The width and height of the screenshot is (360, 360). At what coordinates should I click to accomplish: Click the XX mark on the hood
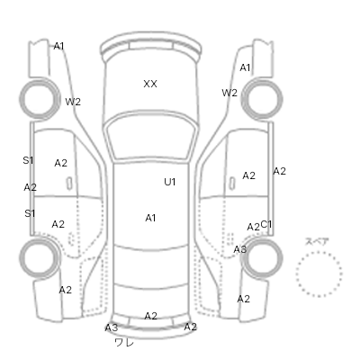150,84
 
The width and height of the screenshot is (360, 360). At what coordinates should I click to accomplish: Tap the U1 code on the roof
170,182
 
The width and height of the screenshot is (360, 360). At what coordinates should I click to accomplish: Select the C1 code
266,224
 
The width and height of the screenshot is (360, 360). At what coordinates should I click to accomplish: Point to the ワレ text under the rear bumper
124,342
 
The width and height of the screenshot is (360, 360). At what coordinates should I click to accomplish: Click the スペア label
317,241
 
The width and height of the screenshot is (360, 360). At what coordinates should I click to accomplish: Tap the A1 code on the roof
150,218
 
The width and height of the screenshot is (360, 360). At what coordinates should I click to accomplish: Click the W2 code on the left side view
73,102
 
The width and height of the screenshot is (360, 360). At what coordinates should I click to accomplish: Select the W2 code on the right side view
229,93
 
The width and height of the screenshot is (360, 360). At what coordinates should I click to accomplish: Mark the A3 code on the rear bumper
112,328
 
